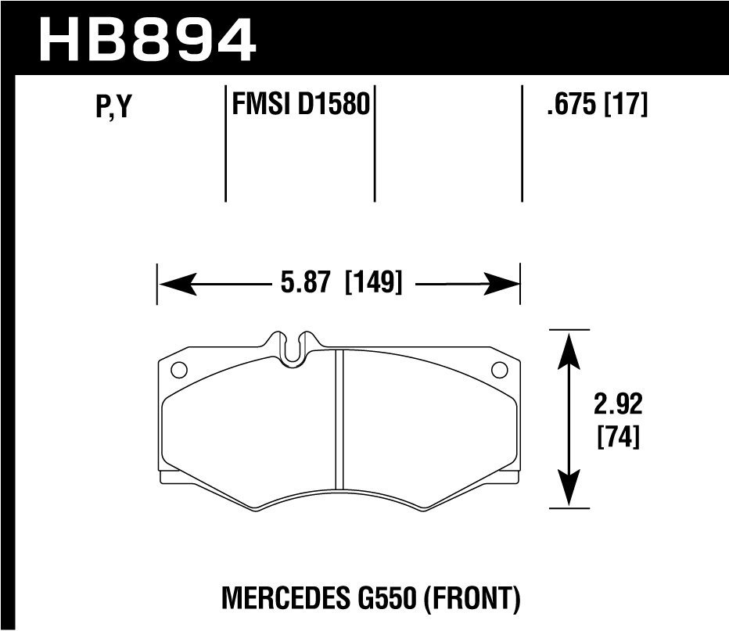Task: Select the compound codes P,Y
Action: pos(112,107)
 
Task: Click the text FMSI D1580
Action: pos(300,104)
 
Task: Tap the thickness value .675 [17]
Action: pos(598,104)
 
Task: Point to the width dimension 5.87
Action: pos(300,282)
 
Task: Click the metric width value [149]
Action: pos(373,282)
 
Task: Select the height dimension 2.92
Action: pos(618,405)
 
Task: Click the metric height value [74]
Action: pos(618,437)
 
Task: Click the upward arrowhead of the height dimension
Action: pos(569,343)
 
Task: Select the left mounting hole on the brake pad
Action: pos(177,371)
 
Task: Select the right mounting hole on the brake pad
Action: pos(497,371)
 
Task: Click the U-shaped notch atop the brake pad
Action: pos(293,348)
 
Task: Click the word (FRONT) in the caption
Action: pos(473,600)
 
